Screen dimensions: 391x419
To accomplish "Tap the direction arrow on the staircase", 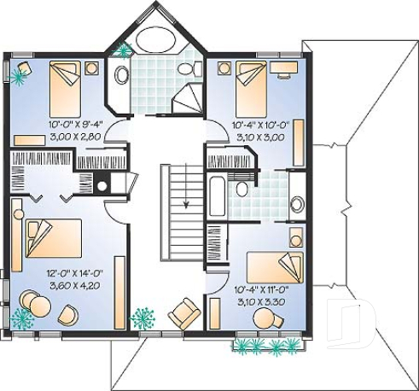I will tap(185, 201).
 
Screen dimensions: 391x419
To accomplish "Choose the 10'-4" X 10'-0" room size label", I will tap(261, 125).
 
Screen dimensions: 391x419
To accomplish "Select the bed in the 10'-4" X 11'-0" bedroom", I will tap(276, 267).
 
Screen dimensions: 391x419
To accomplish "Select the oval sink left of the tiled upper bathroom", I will tap(122, 75).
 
